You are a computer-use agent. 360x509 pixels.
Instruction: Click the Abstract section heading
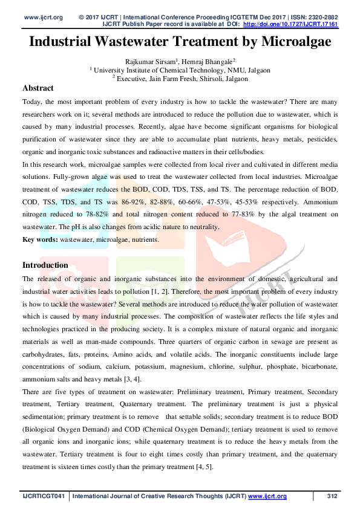(38, 88)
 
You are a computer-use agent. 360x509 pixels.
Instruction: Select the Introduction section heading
(45, 265)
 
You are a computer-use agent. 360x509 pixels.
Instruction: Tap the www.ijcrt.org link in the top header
(44, 17)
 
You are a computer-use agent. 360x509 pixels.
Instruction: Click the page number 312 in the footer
(332, 496)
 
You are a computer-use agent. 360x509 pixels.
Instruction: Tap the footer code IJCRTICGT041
(43, 496)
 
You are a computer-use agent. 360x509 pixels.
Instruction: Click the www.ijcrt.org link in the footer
(267, 496)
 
